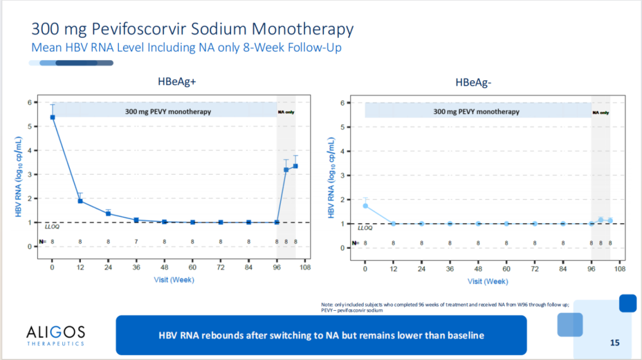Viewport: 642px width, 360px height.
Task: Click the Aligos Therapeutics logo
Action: click(56, 335)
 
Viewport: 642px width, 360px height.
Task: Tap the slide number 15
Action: click(615, 342)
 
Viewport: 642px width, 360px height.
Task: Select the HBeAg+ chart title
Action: click(177, 83)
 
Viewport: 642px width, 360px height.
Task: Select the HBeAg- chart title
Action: click(473, 83)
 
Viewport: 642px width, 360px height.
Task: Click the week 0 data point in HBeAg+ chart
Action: click(52, 117)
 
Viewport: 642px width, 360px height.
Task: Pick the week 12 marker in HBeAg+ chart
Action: click(80, 201)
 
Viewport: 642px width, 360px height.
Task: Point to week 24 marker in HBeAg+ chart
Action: click(108, 213)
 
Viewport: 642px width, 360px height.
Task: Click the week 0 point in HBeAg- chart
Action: click(365, 206)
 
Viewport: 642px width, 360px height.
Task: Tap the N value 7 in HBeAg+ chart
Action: click(136, 242)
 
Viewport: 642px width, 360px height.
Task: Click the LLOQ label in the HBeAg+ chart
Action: click(52, 226)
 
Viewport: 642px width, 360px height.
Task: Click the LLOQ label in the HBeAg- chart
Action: click(364, 228)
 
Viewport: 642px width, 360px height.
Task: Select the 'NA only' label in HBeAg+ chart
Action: click(286, 112)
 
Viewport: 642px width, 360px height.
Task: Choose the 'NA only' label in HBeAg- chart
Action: click(600, 112)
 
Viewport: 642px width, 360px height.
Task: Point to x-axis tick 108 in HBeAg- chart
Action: click(619, 269)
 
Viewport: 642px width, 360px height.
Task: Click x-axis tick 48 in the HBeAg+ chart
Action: click(164, 267)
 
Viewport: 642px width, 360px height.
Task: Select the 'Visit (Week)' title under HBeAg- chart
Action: click(487, 281)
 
